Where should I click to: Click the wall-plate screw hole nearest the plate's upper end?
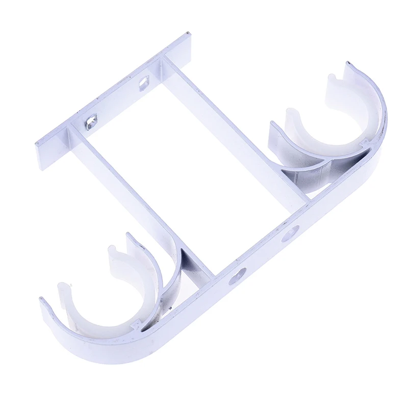(144, 81)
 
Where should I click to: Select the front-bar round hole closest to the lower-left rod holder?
(237, 276)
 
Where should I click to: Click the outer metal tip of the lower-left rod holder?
(43, 301)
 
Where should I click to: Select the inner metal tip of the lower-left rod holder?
(129, 236)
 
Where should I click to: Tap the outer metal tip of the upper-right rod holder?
(349, 64)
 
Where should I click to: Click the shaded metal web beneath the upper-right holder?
(306, 176)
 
